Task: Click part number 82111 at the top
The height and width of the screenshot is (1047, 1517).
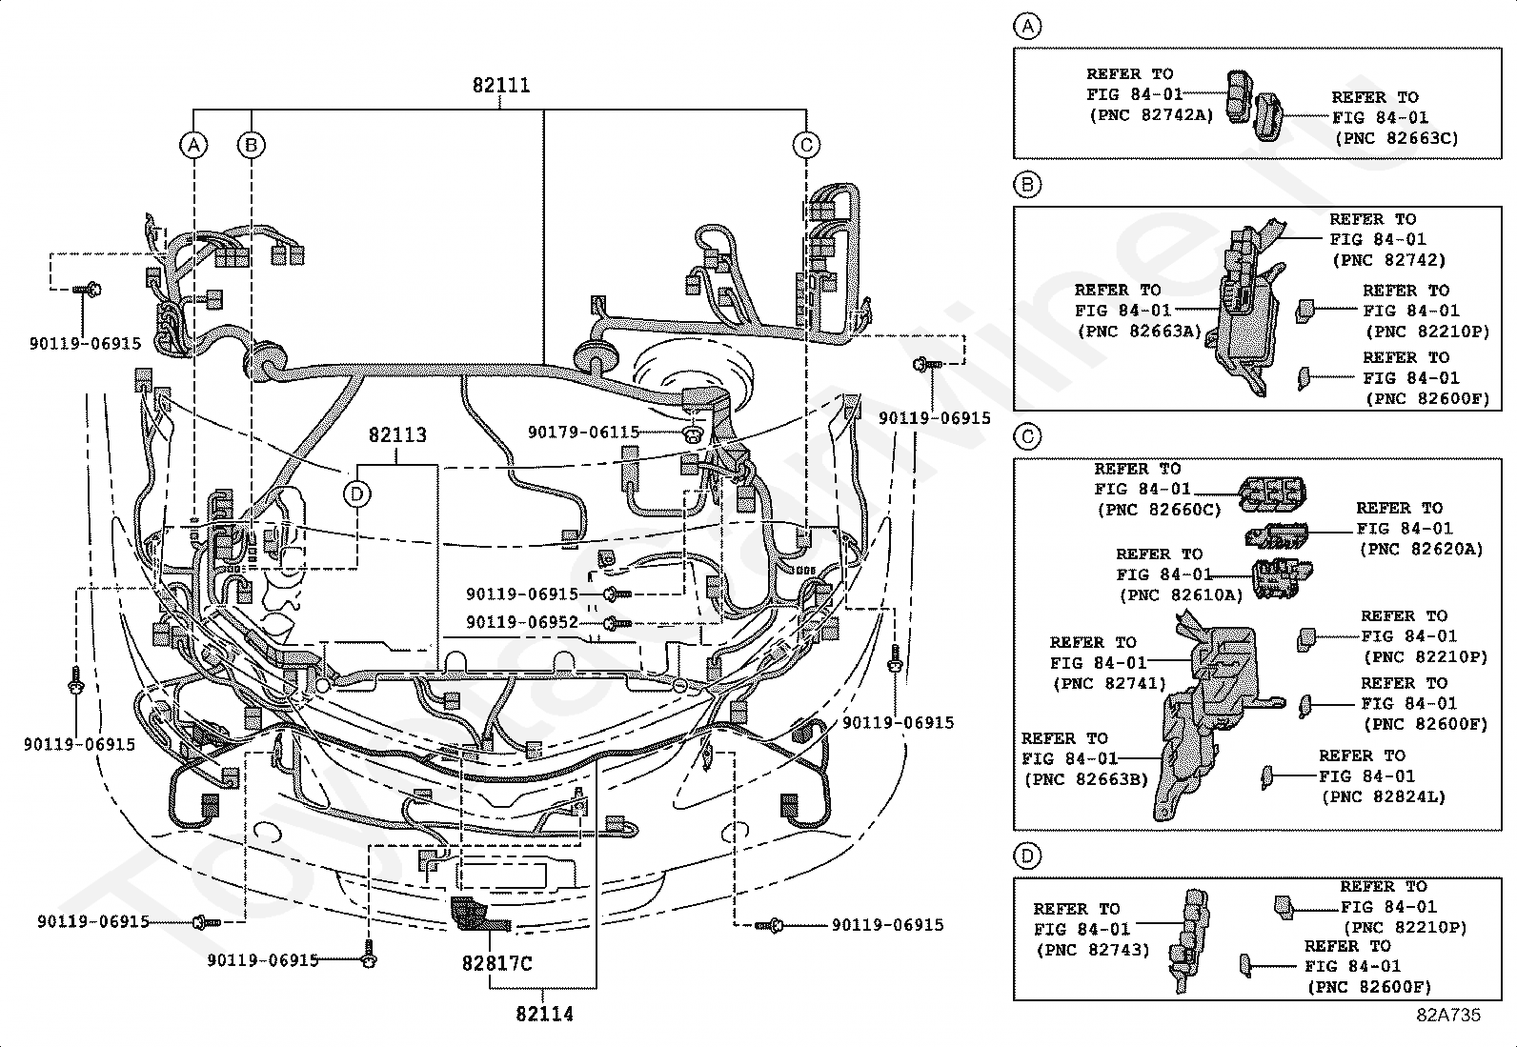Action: [501, 86]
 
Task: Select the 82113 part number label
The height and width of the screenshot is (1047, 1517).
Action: [397, 434]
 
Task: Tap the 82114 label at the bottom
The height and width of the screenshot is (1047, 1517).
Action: [544, 1014]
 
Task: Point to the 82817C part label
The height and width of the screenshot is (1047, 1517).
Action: [497, 963]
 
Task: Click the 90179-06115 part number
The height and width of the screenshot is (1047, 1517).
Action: [584, 433]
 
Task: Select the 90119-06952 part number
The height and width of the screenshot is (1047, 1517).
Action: [522, 622]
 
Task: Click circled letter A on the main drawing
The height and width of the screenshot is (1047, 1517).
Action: [193, 145]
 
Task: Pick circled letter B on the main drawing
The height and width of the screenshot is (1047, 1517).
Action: [252, 145]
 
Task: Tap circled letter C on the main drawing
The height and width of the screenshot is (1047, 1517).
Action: [806, 145]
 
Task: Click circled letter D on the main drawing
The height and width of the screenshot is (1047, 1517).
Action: [357, 494]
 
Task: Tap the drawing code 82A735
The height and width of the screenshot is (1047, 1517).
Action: [1448, 1016]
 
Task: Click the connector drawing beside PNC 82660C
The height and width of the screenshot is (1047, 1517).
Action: [1272, 494]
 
